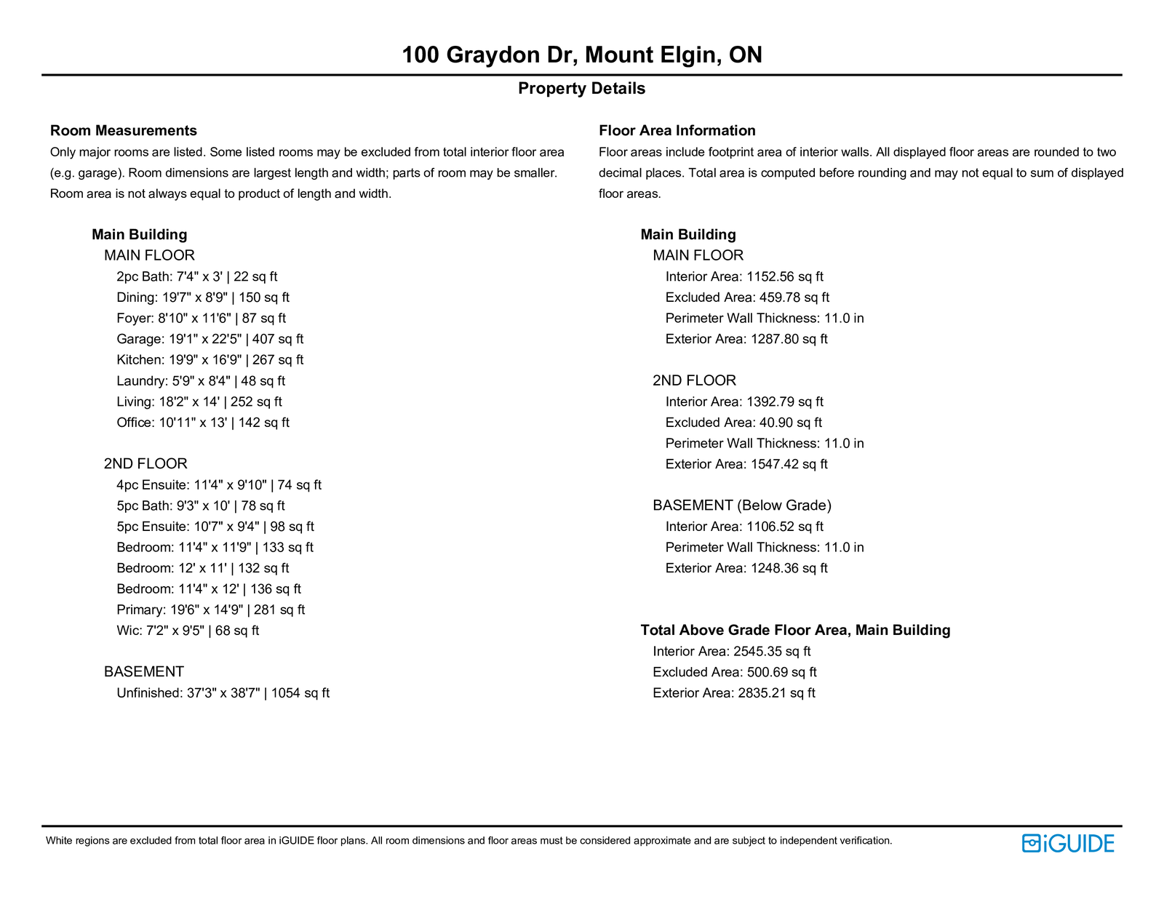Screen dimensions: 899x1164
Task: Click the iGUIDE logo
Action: point(1067,843)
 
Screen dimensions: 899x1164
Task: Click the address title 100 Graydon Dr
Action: point(581,55)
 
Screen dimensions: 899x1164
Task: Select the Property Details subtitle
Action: point(581,89)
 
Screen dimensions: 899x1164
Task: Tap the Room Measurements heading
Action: point(124,131)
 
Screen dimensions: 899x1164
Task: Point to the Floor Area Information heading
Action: point(677,131)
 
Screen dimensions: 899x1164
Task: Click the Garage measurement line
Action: point(210,339)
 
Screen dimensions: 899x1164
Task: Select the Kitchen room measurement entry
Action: point(210,360)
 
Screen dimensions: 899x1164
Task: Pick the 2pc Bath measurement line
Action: point(196,277)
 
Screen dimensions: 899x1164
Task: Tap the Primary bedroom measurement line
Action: point(210,610)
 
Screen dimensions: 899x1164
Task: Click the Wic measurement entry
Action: point(188,631)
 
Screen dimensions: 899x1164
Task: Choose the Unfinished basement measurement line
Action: point(223,693)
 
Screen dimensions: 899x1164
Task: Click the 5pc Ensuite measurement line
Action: point(215,527)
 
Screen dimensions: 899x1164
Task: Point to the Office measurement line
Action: point(203,423)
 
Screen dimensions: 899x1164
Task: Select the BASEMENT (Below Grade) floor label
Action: point(741,506)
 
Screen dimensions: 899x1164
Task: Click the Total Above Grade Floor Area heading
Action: point(795,631)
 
